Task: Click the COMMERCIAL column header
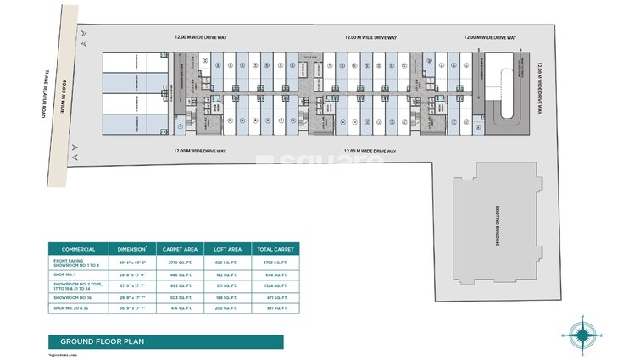point(78,250)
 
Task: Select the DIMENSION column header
point(134,250)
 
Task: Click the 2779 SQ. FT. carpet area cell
point(181,264)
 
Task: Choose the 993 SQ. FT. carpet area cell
point(181,287)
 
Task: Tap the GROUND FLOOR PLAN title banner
point(97,341)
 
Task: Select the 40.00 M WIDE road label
point(60,94)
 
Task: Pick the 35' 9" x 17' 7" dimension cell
point(134,310)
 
